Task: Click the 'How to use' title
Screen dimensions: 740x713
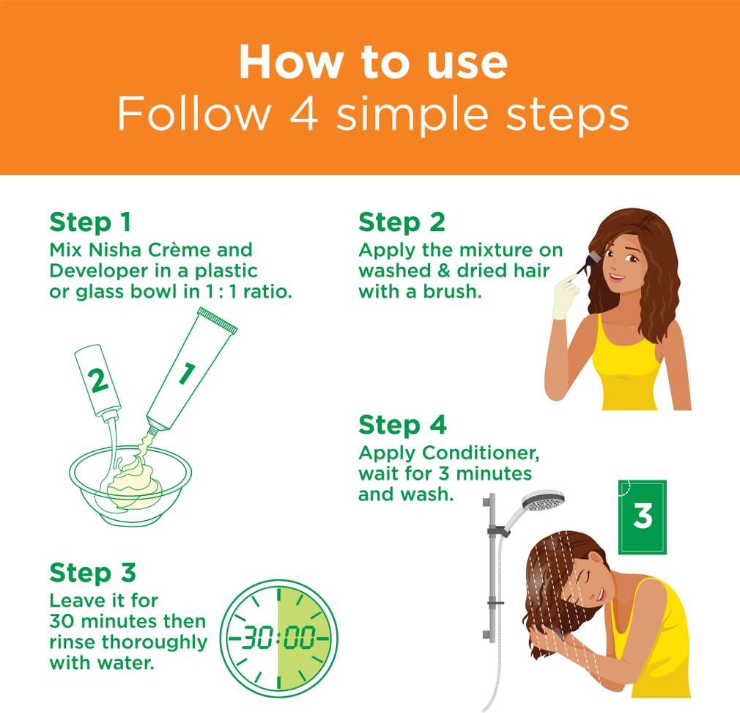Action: (373, 62)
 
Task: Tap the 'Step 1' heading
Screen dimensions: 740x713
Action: (90, 222)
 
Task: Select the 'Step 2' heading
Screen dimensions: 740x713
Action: (402, 222)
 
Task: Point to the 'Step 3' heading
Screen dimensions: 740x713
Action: (92, 573)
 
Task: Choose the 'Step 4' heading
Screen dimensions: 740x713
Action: (402, 425)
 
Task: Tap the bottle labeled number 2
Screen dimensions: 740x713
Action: (97, 381)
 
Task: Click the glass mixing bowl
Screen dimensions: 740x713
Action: (130, 486)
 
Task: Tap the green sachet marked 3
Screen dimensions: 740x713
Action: (643, 517)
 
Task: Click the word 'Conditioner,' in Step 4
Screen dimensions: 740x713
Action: (481, 453)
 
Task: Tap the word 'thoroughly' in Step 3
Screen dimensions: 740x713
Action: (155, 643)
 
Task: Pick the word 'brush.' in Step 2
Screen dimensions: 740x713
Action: (452, 291)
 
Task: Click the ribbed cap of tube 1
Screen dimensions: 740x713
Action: (218, 321)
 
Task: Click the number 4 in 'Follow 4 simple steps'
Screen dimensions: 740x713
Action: (303, 114)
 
